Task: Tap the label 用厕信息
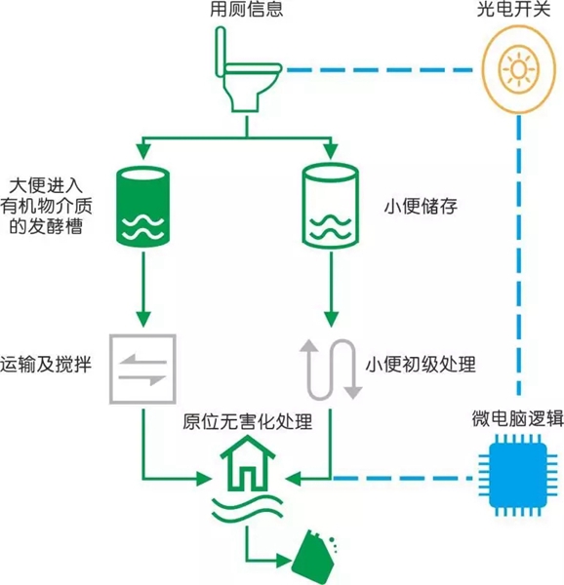click(x=246, y=9)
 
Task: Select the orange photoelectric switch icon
click(x=518, y=69)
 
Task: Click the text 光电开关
click(x=513, y=9)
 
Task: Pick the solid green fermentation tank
click(x=143, y=207)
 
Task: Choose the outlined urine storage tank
click(x=331, y=206)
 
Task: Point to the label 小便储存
click(x=421, y=207)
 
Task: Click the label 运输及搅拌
click(x=46, y=365)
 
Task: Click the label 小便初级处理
click(x=421, y=365)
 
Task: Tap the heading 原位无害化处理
click(x=248, y=422)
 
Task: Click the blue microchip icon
click(x=518, y=475)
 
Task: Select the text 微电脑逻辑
click(x=518, y=418)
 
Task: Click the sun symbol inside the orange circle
click(x=518, y=69)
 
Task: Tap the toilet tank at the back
click(x=221, y=52)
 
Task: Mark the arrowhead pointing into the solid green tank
click(x=143, y=151)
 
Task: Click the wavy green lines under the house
click(x=247, y=508)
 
